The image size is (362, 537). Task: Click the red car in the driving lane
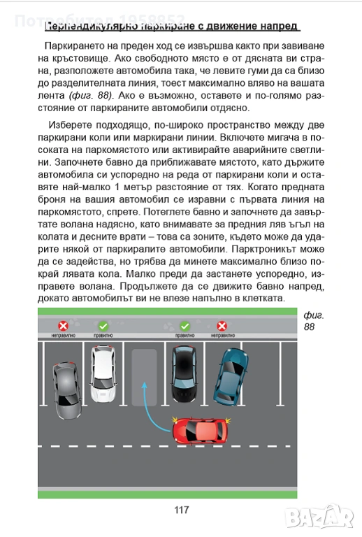point(200,431)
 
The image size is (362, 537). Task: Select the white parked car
point(103,373)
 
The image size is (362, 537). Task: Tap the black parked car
point(184,373)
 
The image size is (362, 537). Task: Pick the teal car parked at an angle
point(230,376)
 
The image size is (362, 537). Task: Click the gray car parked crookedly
point(67,390)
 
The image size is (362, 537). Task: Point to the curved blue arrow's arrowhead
point(145,385)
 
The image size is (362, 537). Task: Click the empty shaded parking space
point(145,377)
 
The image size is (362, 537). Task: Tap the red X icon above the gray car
point(64,326)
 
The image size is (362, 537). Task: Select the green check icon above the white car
point(103,326)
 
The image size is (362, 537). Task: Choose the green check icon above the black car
point(184,326)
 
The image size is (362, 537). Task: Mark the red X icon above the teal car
point(222,326)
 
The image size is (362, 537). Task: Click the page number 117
point(181,510)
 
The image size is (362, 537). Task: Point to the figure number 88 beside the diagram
point(309,327)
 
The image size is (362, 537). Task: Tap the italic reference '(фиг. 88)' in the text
point(91,96)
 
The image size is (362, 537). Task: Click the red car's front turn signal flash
point(175,420)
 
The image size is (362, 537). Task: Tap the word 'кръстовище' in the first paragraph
point(81,59)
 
